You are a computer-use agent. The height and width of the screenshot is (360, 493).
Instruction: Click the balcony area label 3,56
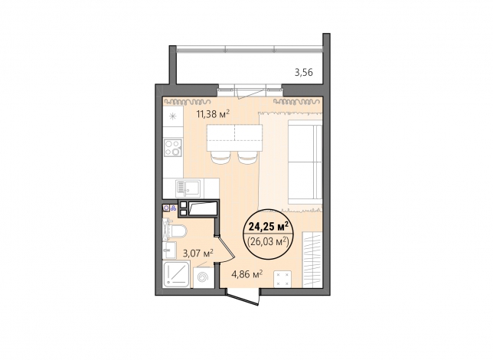click(303, 73)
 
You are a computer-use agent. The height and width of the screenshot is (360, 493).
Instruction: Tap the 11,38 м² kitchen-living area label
click(213, 113)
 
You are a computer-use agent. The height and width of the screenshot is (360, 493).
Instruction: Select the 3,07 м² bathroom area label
click(198, 254)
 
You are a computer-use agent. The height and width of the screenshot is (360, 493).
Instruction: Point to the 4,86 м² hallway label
click(247, 274)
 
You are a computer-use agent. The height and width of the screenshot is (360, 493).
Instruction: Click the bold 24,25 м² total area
click(269, 226)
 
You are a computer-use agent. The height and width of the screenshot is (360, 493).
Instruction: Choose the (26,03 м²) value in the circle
click(269, 242)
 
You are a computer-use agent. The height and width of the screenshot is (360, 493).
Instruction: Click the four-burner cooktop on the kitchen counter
click(173, 148)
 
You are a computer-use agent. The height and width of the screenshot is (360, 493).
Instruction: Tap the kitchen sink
click(188, 188)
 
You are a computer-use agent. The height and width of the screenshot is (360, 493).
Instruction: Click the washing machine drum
click(204, 277)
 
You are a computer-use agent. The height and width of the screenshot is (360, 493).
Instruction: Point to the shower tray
click(176, 275)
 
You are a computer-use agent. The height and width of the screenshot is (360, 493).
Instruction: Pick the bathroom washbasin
click(169, 250)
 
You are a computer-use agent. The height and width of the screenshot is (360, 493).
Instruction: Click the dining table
click(234, 137)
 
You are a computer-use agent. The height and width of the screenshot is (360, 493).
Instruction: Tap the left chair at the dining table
click(220, 157)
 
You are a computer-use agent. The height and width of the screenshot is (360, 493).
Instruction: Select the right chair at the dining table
click(248, 157)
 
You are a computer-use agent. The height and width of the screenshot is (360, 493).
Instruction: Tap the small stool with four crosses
click(282, 279)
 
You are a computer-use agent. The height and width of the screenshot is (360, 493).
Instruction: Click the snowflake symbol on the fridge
click(172, 116)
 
